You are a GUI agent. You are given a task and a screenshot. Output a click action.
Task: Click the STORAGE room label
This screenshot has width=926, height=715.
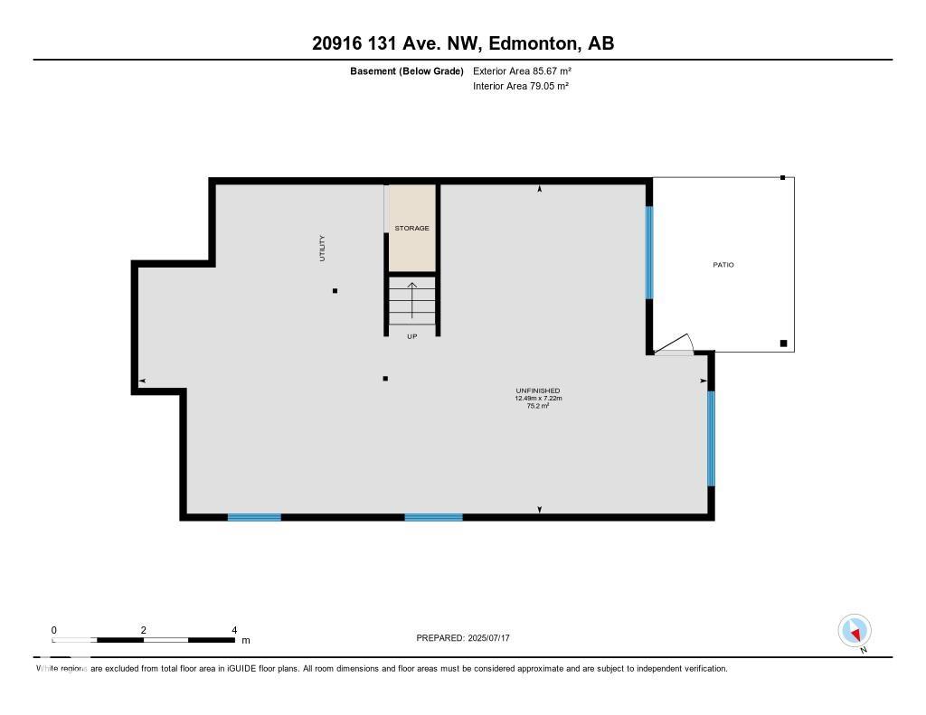point(411,229)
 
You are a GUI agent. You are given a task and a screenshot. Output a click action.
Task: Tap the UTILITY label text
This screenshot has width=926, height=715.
point(322,249)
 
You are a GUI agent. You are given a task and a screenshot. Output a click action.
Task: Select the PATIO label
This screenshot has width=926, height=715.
point(723,265)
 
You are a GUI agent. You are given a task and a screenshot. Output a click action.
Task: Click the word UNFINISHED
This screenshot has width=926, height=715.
point(538,390)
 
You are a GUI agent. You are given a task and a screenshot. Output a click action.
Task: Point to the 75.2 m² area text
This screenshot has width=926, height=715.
point(538,407)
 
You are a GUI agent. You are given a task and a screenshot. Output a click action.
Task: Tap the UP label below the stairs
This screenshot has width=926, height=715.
point(412,336)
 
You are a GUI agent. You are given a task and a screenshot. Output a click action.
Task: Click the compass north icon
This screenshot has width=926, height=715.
point(854,630)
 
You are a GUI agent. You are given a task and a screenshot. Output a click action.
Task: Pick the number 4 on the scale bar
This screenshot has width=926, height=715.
point(234,630)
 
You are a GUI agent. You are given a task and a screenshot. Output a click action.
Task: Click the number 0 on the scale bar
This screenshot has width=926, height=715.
point(54,630)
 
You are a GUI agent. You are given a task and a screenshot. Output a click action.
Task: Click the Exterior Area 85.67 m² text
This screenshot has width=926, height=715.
point(522,71)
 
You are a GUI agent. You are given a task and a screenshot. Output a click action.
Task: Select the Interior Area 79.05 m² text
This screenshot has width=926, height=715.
point(520,87)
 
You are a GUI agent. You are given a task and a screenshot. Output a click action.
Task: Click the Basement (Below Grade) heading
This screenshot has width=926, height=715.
point(407,71)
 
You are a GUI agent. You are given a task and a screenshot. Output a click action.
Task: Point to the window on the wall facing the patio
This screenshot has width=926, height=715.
point(648,252)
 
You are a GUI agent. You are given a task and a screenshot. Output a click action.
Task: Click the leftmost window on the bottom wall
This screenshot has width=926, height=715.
point(254,517)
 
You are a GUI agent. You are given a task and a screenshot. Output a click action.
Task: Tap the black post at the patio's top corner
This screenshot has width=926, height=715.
point(783,178)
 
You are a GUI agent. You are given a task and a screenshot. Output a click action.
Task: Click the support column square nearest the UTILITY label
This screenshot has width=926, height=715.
point(335,291)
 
